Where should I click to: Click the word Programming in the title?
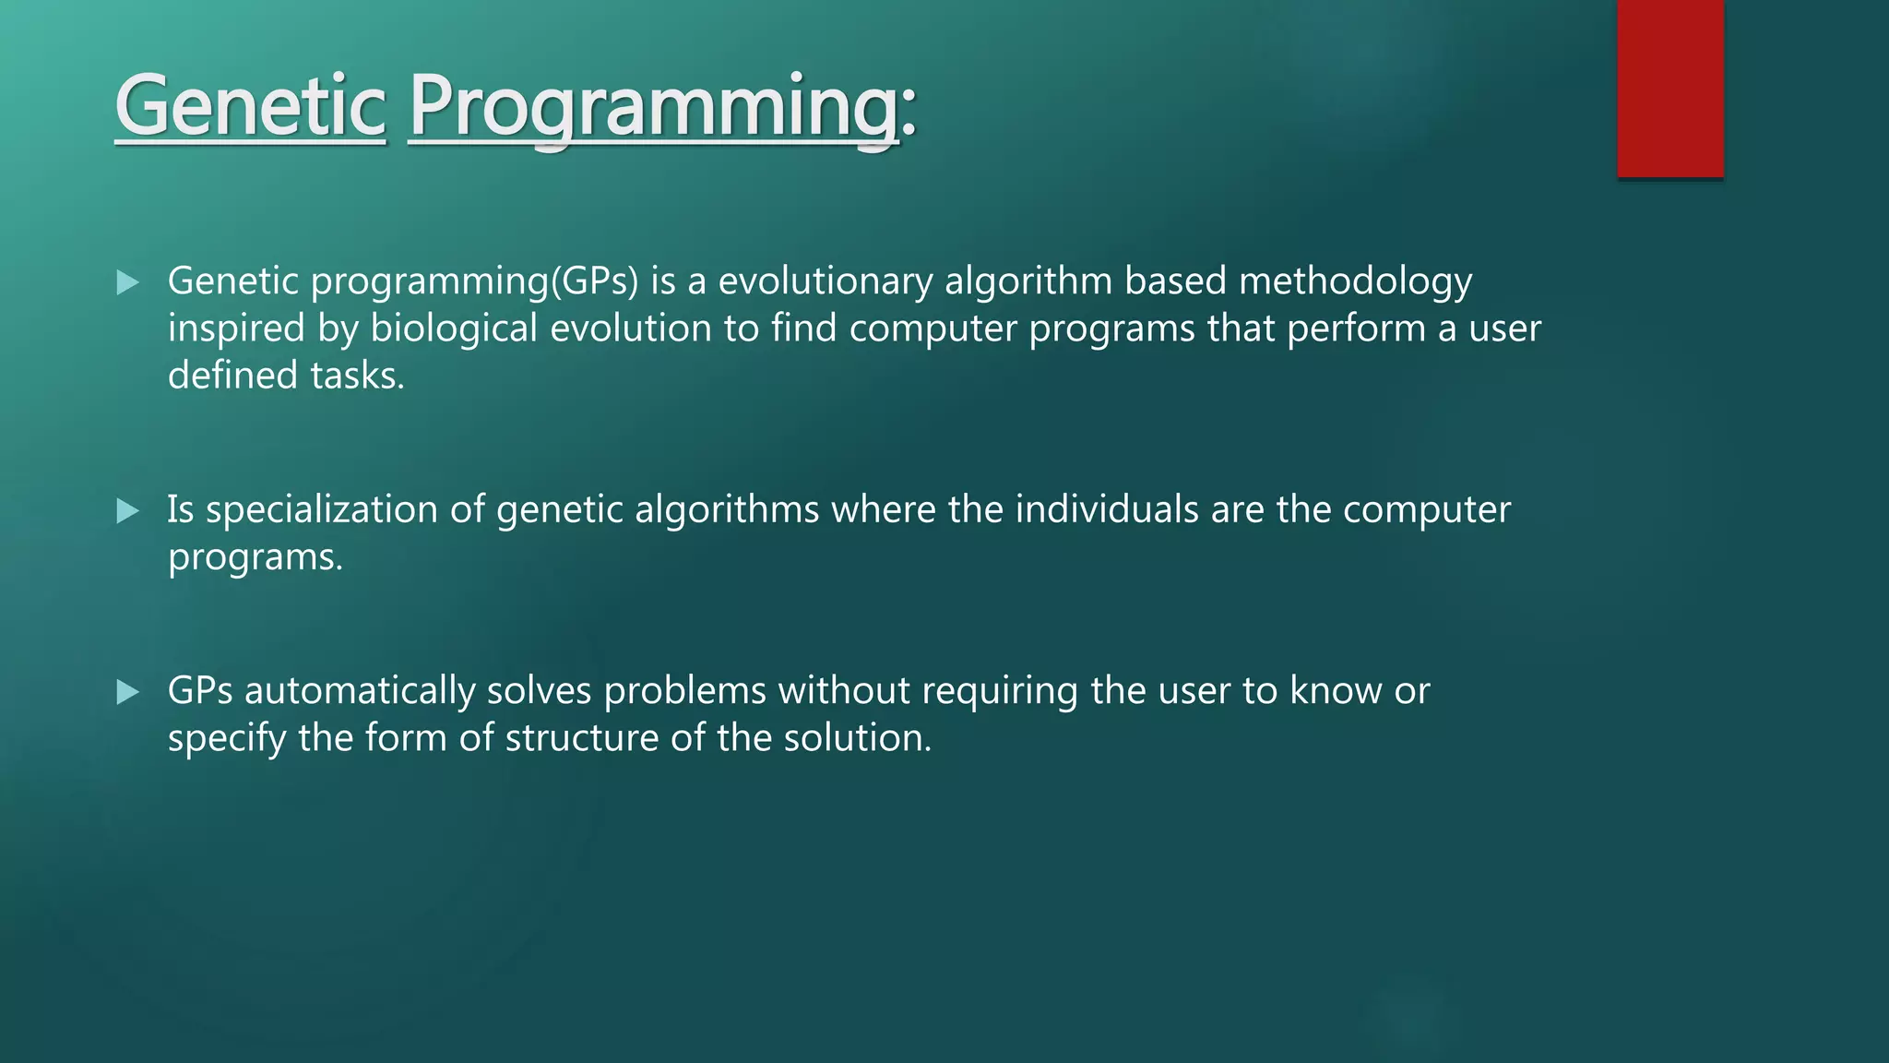pyautogui.click(x=653, y=109)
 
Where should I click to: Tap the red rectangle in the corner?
pyautogui.click(x=1669, y=88)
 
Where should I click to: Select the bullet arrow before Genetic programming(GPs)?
pyautogui.click(x=128, y=282)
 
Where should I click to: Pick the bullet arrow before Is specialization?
pyautogui.click(x=128, y=511)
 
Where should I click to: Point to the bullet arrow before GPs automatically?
pyautogui.click(x=128, y=692)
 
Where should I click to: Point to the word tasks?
pyautogui.click(x=357, y=376)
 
